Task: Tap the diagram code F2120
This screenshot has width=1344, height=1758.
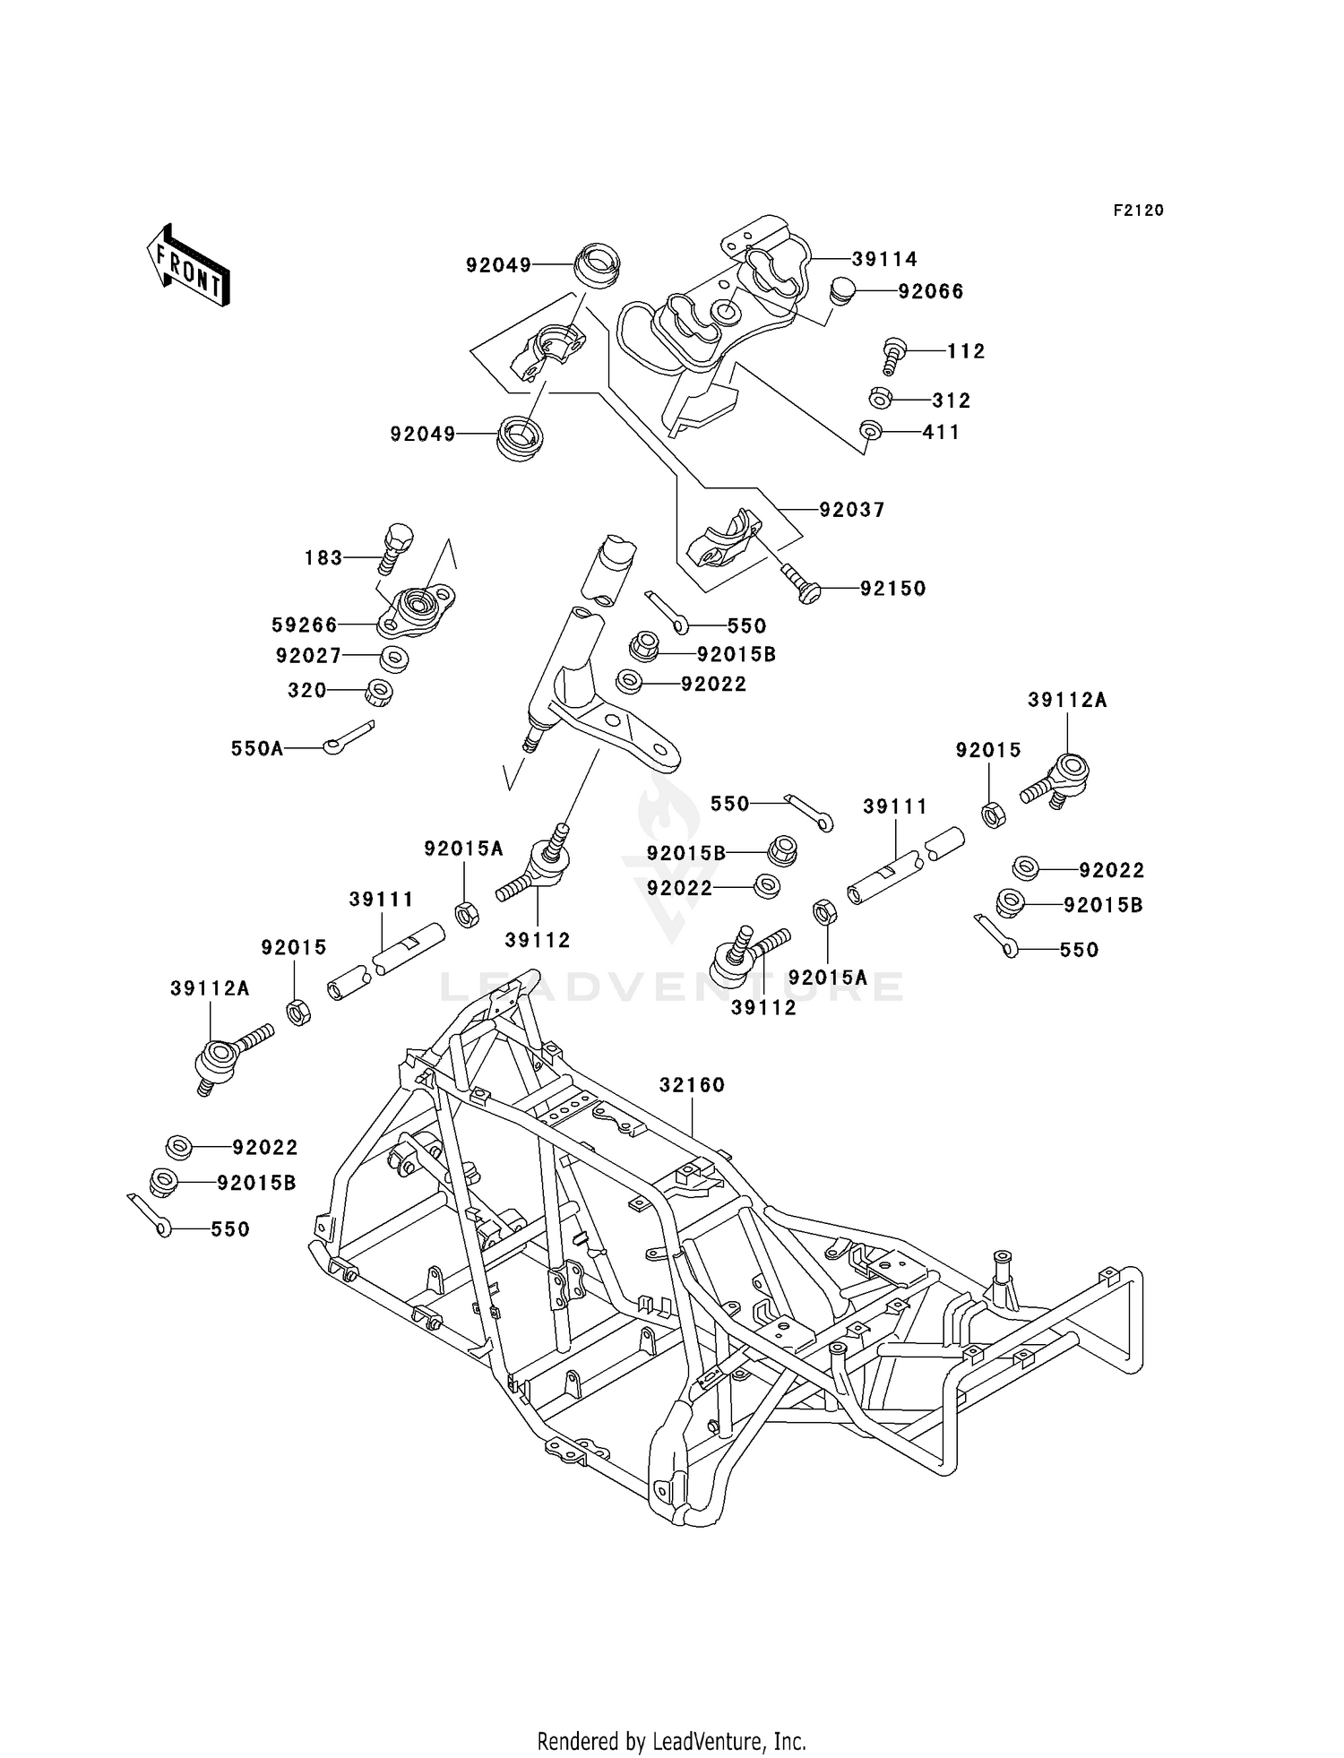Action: pos(1138,211)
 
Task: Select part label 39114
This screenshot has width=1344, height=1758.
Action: pos(884,260)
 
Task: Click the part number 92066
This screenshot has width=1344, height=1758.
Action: pos(931,292)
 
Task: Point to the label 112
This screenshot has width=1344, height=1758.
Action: pos(966,352)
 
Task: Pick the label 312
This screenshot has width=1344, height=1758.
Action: pos(951,401)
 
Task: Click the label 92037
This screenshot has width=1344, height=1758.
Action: pos(852,510)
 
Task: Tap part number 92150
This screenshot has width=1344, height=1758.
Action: pos(893,589)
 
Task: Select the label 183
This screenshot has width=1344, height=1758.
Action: pos(323,558)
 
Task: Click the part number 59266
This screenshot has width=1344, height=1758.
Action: pos(305,625)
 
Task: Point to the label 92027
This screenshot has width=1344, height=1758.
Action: pos(309,656)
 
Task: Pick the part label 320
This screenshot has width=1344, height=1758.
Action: pos(307,691)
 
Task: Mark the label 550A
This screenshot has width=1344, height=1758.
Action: pos(257,748)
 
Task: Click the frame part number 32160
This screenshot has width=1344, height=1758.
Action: pos(692,1085)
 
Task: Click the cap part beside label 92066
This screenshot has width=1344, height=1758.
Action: pos(842,292)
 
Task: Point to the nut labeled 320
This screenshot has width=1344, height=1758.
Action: pos(380,693)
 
